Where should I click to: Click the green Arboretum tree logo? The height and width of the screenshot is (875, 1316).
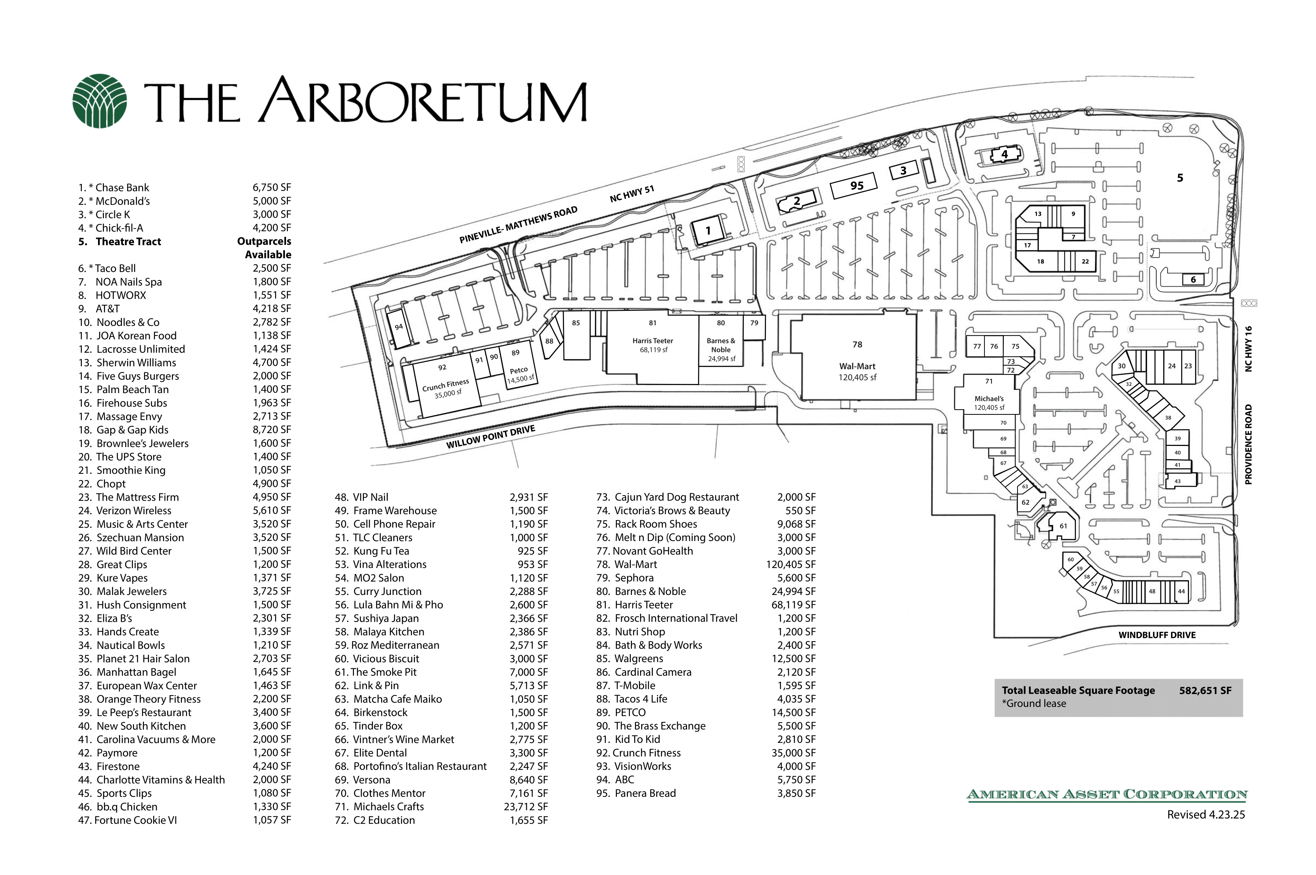tap(100, 101)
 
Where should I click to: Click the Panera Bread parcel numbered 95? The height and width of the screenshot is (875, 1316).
tap(853, 186)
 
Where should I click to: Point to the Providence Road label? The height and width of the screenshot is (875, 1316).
tap(1248, 444)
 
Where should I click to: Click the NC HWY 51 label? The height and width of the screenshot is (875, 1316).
tap(632, 194)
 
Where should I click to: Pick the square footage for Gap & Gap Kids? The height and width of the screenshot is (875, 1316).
tap(272, 430)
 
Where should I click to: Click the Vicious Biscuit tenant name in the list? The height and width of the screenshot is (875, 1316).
tap(386, 658)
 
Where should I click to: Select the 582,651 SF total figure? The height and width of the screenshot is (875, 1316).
tap(1205, 690)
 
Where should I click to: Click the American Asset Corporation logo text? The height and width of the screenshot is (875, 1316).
tap(1107, 794)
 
